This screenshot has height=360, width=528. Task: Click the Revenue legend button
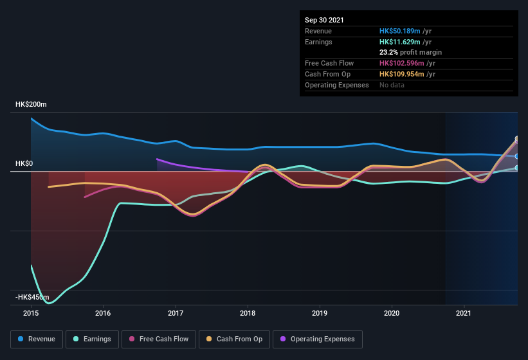pyautogui.click(x=37, y=339)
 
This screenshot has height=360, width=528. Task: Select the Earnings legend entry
pyautogui.click(x=93, y=339)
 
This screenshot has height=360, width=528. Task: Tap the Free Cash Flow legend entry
pyautogui.click(x=159, y=339)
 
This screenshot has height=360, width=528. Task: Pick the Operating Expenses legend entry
pyautogui.click(x=317, y=339)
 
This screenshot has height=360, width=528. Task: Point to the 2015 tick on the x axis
pyautogui.click(x=31, y=313)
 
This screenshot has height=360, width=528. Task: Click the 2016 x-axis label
pyautogui.click(x=103, y=313)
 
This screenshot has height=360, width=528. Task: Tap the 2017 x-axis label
pyautogui.click(x=175, y=313)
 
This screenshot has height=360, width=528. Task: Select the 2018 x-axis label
pyautogui.click(x=248, y=313)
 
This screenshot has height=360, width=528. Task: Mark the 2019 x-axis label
pyautogui.click(x=320, y=313)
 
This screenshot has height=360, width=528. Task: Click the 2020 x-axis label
pyautogui.click(x=392, y=313)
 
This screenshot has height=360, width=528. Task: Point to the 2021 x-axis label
pyautogui.click(x=464, y=313)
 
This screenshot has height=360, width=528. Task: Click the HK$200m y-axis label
pyautogui.click(x=32, y=104)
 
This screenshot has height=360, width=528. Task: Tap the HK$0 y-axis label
pyautogui.click(x=24, y=164)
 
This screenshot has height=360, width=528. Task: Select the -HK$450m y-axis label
pyautogui.click(x=33, y=297)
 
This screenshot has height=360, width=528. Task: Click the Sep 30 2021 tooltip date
pyautogui.click(x=324, y=20)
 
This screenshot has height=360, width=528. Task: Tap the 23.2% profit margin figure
pyautogui.click(x=388, y=52)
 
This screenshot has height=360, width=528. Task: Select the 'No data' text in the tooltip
pyautogui.click(x=391, y=85)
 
